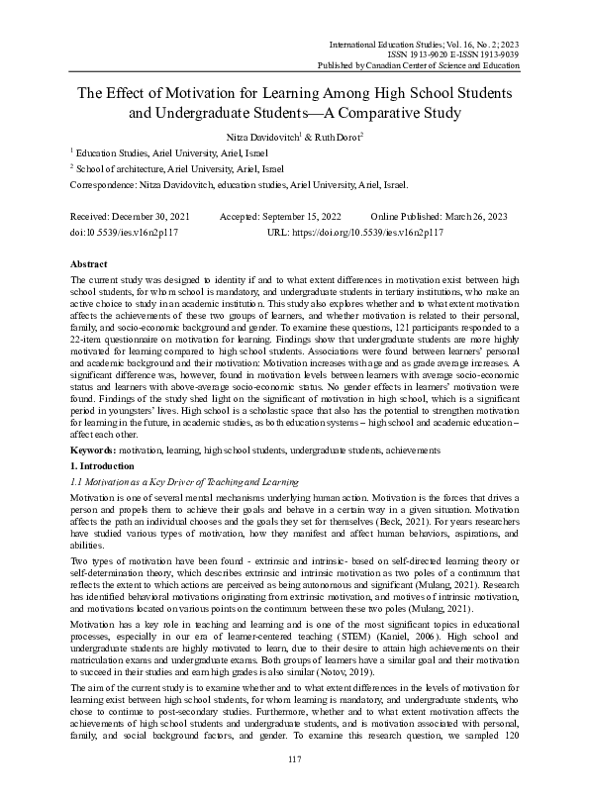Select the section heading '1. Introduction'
click(104, 463)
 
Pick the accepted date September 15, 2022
click(307, 216)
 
